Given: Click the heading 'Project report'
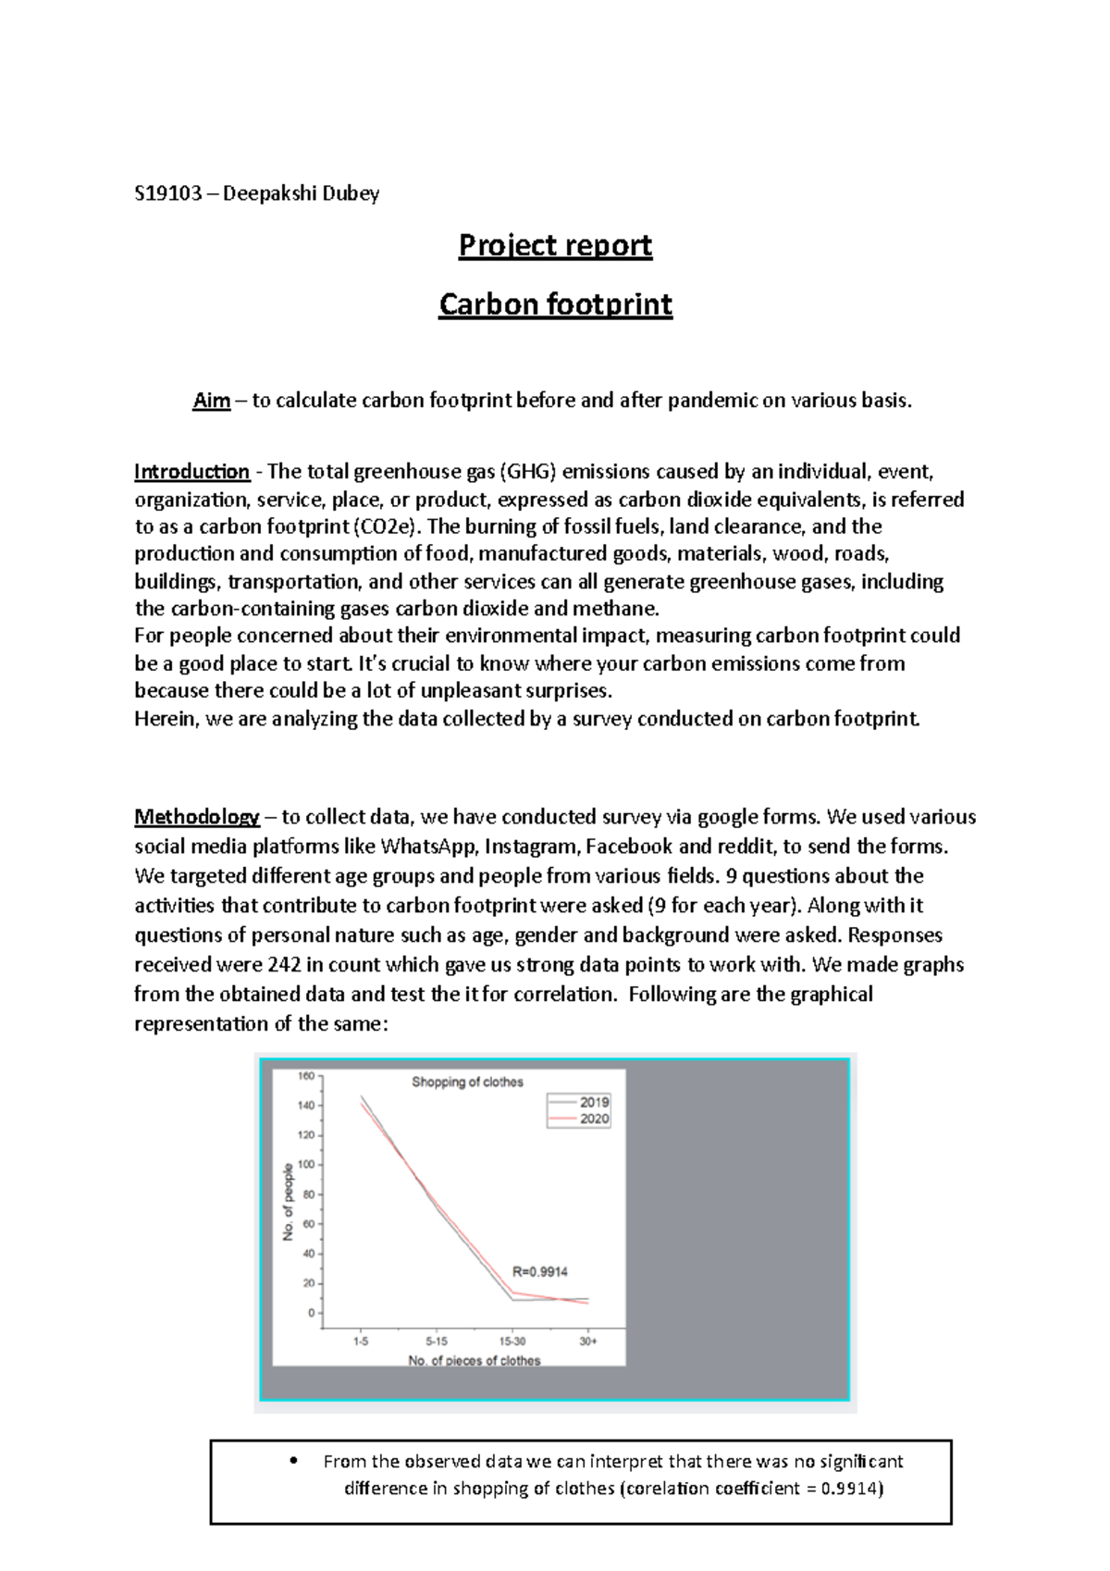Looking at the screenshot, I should pos(555,245).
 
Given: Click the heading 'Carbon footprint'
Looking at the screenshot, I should pos(555,304).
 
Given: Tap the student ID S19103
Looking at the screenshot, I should pos(167,193).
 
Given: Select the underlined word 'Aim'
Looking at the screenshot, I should pos(211,401).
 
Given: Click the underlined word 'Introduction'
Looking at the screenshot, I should pos(191,472).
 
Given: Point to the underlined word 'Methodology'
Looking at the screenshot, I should pos(196,817).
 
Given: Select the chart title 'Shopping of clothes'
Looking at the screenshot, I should pos(467,1082).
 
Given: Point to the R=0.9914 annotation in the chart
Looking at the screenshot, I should pos(540,1271).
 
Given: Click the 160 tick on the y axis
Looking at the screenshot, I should pos(305,1076).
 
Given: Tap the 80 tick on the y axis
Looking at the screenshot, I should pos(308,1194).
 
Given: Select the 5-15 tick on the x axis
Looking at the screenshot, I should pos(437,1341).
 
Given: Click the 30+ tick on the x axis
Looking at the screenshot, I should pos(588,1341).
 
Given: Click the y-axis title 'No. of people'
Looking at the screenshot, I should pos(288,1202).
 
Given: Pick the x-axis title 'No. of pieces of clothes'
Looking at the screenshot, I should pos(474,1360).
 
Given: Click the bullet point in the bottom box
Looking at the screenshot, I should pos(294,1461).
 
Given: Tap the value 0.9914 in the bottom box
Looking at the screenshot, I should pos(849,1489).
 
